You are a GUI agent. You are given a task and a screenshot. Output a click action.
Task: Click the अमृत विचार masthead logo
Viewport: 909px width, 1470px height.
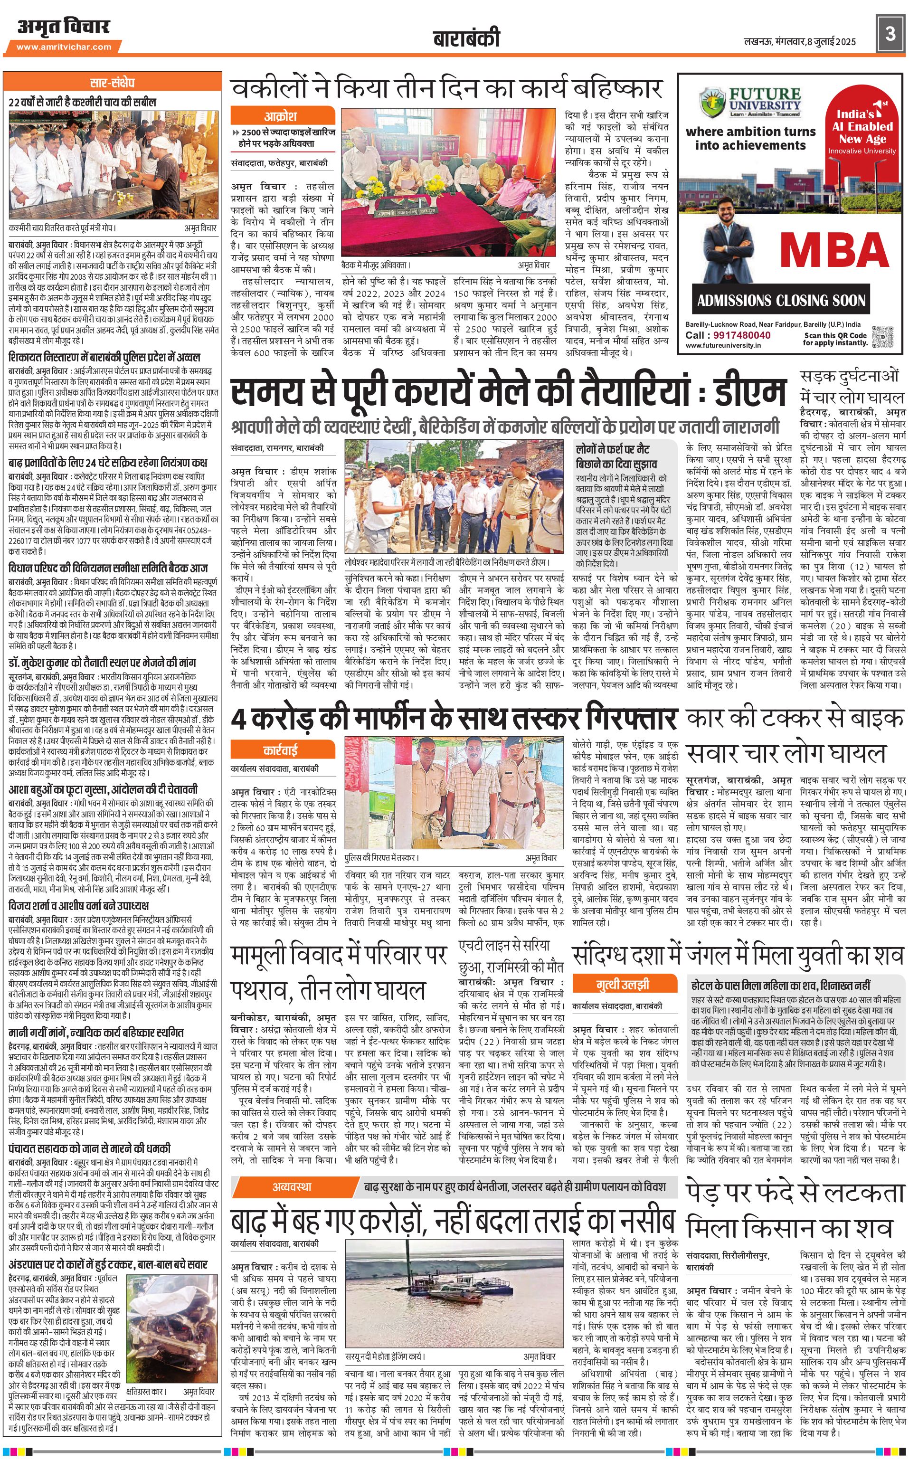coord(63,27)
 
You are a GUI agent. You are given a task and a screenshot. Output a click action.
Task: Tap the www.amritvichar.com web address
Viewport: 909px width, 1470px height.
coord(64,47)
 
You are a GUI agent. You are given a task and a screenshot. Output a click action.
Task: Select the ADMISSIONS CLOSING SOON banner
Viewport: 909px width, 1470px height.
coord(781,300)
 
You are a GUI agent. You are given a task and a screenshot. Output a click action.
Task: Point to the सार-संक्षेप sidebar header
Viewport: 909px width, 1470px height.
coord(113,82)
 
